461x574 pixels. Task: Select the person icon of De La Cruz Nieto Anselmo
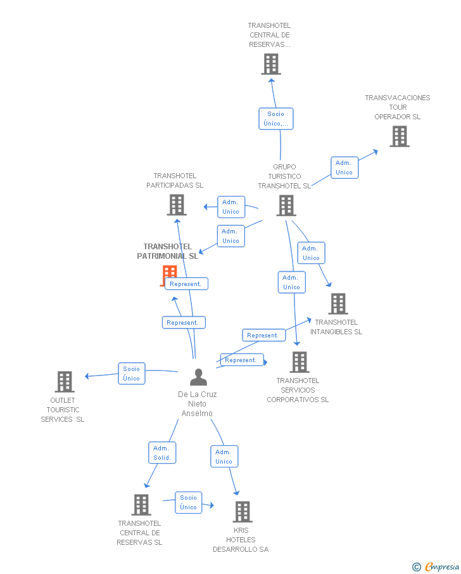(198, 377)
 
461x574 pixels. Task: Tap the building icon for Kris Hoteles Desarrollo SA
(243, 511)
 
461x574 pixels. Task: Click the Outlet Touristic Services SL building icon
(65, 382)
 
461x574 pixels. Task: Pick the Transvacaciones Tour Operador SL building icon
(399, 136)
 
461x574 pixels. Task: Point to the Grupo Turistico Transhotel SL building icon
(286, 205)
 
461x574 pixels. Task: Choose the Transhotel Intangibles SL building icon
(338, 304)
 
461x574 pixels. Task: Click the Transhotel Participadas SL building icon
(177, 205)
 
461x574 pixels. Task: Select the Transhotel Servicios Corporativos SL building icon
(299, 362)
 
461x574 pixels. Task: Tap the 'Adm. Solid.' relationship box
(162, 453)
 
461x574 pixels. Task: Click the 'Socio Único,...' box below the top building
(275, 119)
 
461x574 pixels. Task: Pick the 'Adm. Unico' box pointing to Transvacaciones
(344, 167)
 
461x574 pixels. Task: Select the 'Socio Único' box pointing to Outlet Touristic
(131, 374)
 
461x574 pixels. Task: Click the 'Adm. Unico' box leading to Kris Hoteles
(224, 457)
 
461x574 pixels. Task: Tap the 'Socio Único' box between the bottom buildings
(188, 502)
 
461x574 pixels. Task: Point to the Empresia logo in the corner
(436, 566)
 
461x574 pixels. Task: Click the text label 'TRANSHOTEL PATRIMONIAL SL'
(168, 251)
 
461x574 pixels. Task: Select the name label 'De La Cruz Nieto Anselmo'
(198, 404)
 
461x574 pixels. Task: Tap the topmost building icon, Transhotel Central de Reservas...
(271, 64)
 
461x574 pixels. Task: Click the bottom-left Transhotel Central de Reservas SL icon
(141, 505)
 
